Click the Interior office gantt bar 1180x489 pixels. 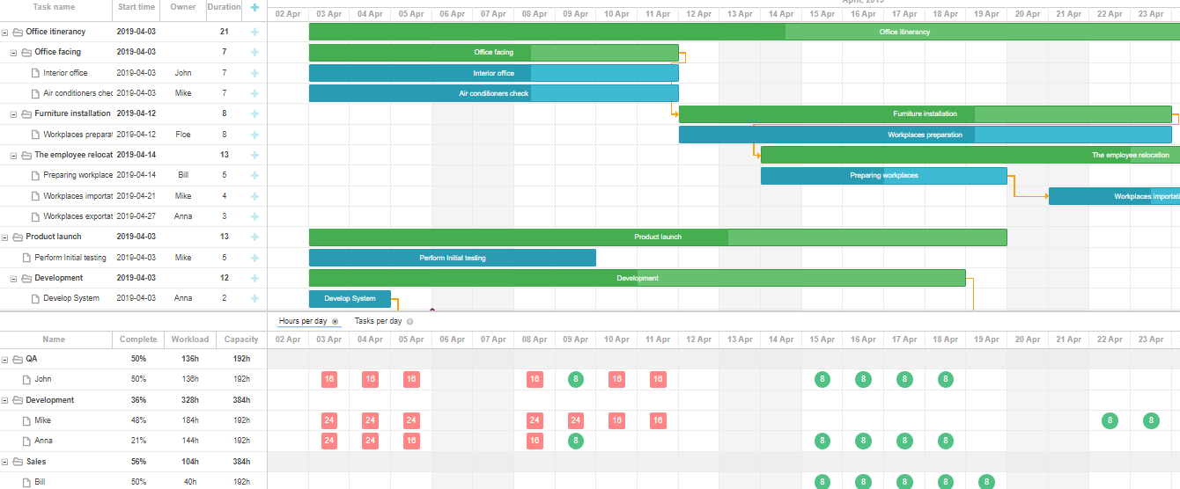coord(493,73)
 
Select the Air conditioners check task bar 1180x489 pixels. coord(493,93)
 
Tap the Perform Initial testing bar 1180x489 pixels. coord(452,258)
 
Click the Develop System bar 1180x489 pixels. coord(350,298)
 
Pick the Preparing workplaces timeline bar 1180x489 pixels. coord(883,175)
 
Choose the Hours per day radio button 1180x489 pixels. coord(336,322)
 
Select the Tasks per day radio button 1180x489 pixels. coord(410,322)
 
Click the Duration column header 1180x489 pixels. coord(224,7)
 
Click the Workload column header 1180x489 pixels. coord(190,339)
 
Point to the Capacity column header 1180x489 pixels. coord(241,339)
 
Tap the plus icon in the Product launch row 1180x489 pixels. coord(254,237)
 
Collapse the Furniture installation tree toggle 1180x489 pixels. coord(14,113)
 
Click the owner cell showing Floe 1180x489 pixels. coord(183,135)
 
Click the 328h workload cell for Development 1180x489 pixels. coord(190,400)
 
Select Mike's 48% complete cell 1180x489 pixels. coord(138,420)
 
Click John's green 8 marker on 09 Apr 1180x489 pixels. coord(576,379)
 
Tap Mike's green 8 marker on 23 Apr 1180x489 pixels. coord(1151,420)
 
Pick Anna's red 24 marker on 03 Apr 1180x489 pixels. coord(329,441)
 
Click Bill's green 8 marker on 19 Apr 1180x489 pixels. coord(986,482)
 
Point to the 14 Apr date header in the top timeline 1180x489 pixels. coord(781,14)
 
